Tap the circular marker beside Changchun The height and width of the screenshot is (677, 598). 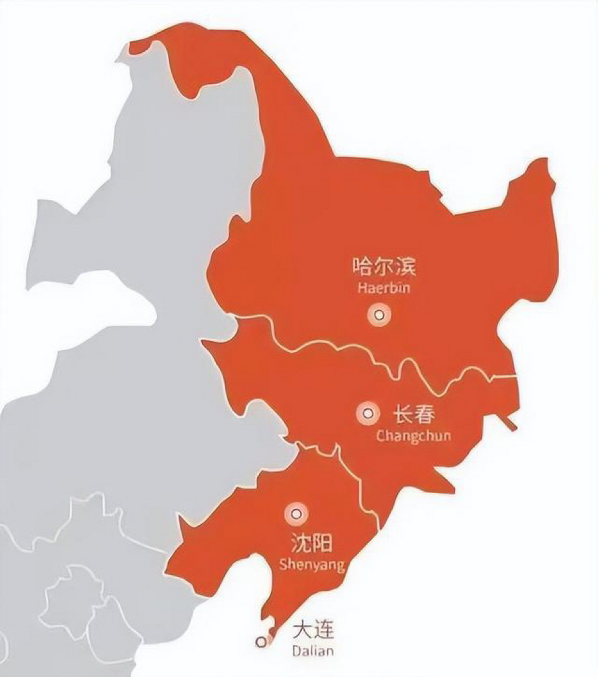coord(368,413)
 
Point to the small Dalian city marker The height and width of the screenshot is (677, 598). coord(260,642)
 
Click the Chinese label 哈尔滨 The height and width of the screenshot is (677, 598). coord(384,267)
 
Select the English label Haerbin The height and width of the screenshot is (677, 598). coord(384,289)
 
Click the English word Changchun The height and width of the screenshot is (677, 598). coord(414,436)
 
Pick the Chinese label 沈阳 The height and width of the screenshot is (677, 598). coord(312,543)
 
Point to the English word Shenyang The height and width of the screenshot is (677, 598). coord(312,565)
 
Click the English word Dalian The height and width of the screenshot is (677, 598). coord(313,651)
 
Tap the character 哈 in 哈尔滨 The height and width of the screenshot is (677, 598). coord(363,267)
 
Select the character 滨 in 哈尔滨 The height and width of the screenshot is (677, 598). coord(405,267)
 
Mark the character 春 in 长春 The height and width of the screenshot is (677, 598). coord(424,414)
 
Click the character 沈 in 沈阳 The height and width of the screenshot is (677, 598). coord(301,543)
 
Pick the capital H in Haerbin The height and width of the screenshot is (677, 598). coord(361,289)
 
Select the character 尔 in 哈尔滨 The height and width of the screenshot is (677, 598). coord(384,267)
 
